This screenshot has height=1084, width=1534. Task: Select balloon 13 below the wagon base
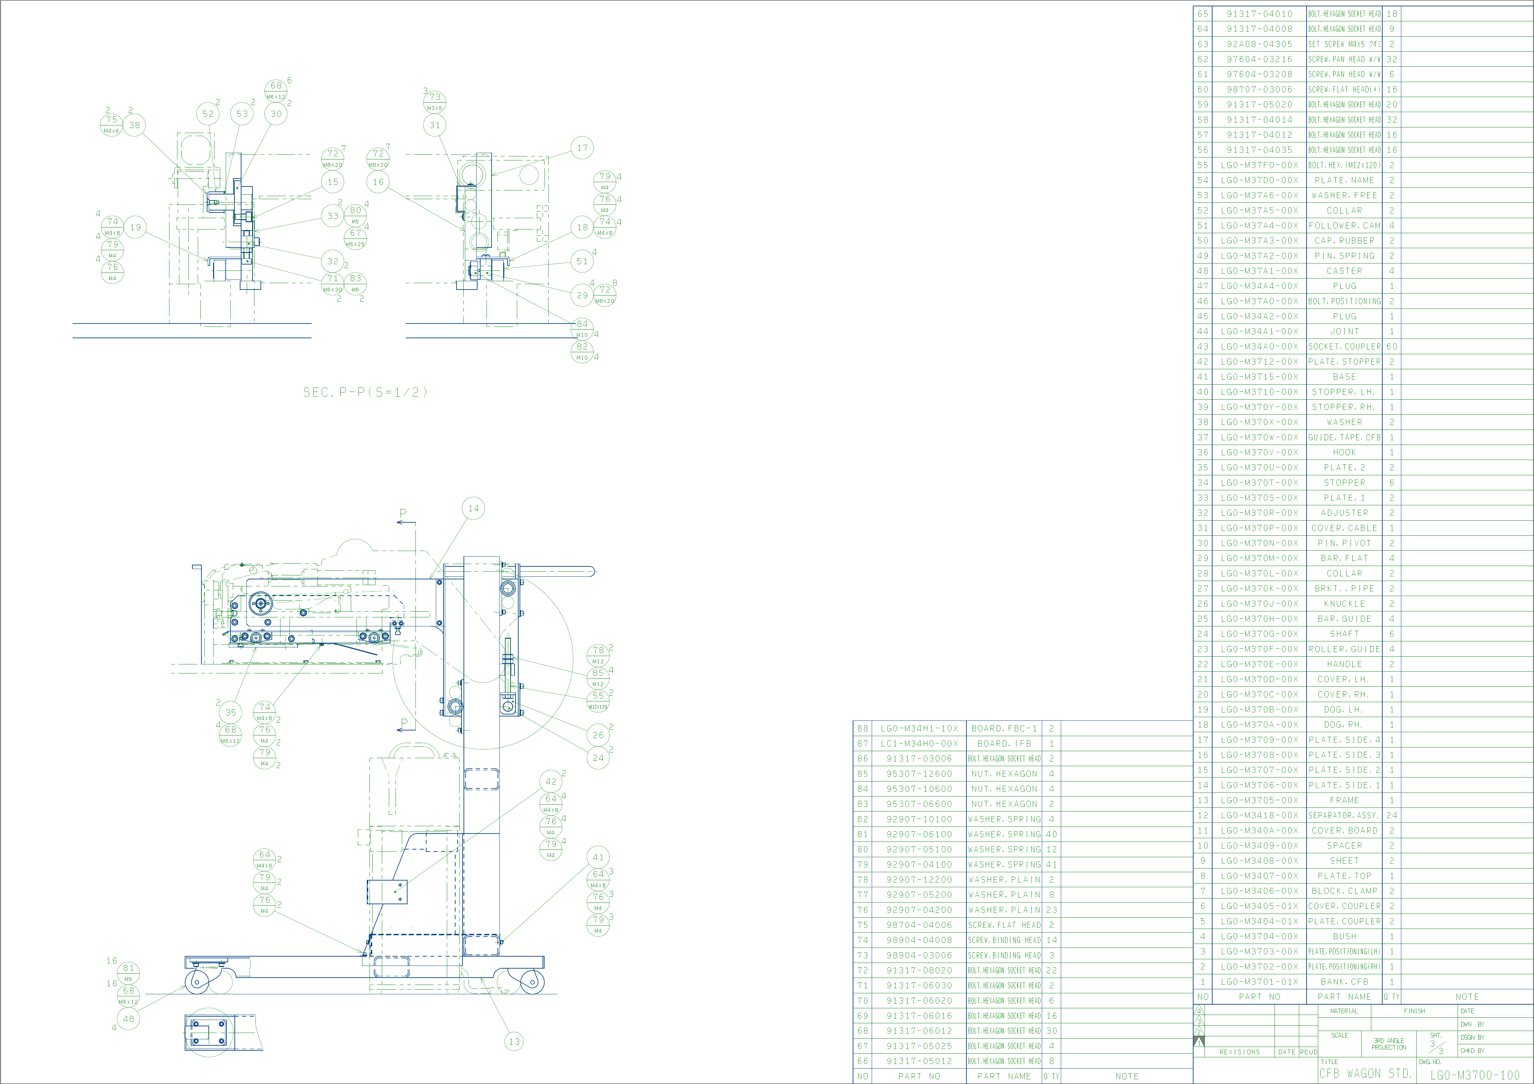click(x=514, y=1041)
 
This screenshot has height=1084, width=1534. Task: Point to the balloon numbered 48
click(x=128, y=1019)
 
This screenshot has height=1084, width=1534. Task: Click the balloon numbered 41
click(x=598, y=858)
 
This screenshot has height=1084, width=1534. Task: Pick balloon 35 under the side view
click(x=230, y=712)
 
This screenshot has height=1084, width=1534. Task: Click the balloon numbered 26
click(x=598, y=735)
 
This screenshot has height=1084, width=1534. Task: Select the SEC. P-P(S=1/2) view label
click(x=365, y=392)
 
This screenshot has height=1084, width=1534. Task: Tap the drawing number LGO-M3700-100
click(x=1475, y=1075)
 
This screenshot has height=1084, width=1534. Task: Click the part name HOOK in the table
click(x=1344, y=453)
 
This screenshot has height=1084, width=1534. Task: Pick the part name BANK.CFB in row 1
click(x=1344, y=982)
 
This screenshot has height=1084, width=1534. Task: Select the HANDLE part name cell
click(x=1344, y=664)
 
